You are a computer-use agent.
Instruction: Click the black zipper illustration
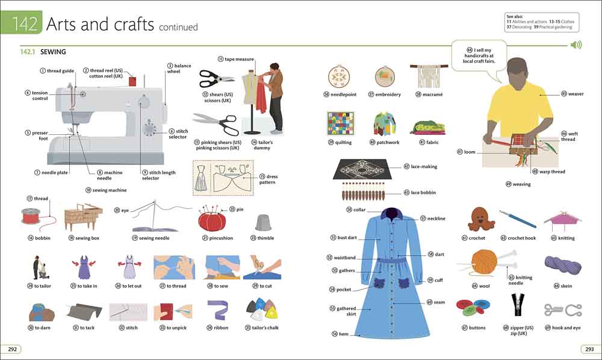(518, 308)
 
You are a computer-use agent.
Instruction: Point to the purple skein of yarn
(562, 265)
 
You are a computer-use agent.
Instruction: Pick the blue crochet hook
(518, 219)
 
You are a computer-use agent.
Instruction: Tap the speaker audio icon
(576, 45)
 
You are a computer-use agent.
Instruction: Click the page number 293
(589, 349)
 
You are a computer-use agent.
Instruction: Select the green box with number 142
(21, 23)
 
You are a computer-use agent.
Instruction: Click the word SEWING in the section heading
(53, 52)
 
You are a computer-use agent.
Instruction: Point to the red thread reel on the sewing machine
(132, 81)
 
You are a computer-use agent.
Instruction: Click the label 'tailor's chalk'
(265, 327)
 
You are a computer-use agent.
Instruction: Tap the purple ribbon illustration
(217, 310)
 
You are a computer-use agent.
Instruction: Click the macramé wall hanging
(429, 76)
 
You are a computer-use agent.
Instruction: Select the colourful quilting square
(340, 123)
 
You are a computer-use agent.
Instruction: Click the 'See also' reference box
(541, 22)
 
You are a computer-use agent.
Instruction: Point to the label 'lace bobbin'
(423, 193)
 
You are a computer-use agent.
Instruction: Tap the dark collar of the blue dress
(392, 214)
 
